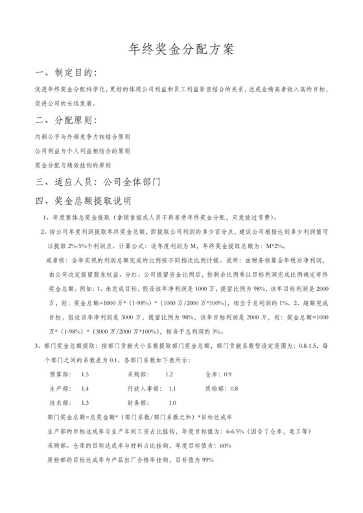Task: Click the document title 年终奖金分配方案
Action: tap(181, 49)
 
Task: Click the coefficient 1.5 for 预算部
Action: tap(85, 375)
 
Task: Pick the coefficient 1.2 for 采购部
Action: tap(169, 375)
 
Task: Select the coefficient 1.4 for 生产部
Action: tap(85, 389)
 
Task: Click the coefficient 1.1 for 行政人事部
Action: tap(172, 389)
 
